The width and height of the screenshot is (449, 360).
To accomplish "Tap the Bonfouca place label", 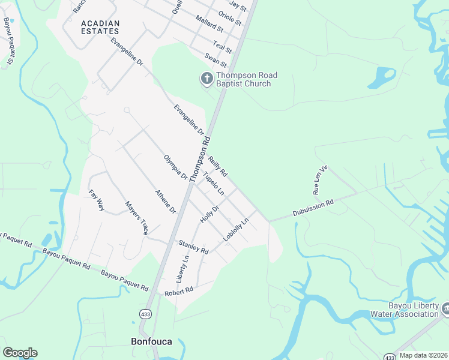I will pos(151,341).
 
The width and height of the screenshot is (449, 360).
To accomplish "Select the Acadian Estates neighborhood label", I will pos(100,28).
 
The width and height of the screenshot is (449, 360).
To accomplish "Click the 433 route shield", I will pos(145,314).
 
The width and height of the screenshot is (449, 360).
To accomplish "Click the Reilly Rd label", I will pos(218,166).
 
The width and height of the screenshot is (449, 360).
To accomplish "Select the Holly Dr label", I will pos(209,214).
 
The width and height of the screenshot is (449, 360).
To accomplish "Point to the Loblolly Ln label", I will pos(236,230).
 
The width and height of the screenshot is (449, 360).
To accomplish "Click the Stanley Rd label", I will pos(193,246).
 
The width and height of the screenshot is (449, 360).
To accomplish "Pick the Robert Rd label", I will pos(179,290).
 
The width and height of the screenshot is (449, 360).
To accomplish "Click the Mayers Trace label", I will pos(137,217).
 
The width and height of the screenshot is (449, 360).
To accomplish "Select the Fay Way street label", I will pos(97,200).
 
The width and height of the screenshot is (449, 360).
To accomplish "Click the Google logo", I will pos(20,353).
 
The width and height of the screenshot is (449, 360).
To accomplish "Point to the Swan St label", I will pos(215,60).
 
